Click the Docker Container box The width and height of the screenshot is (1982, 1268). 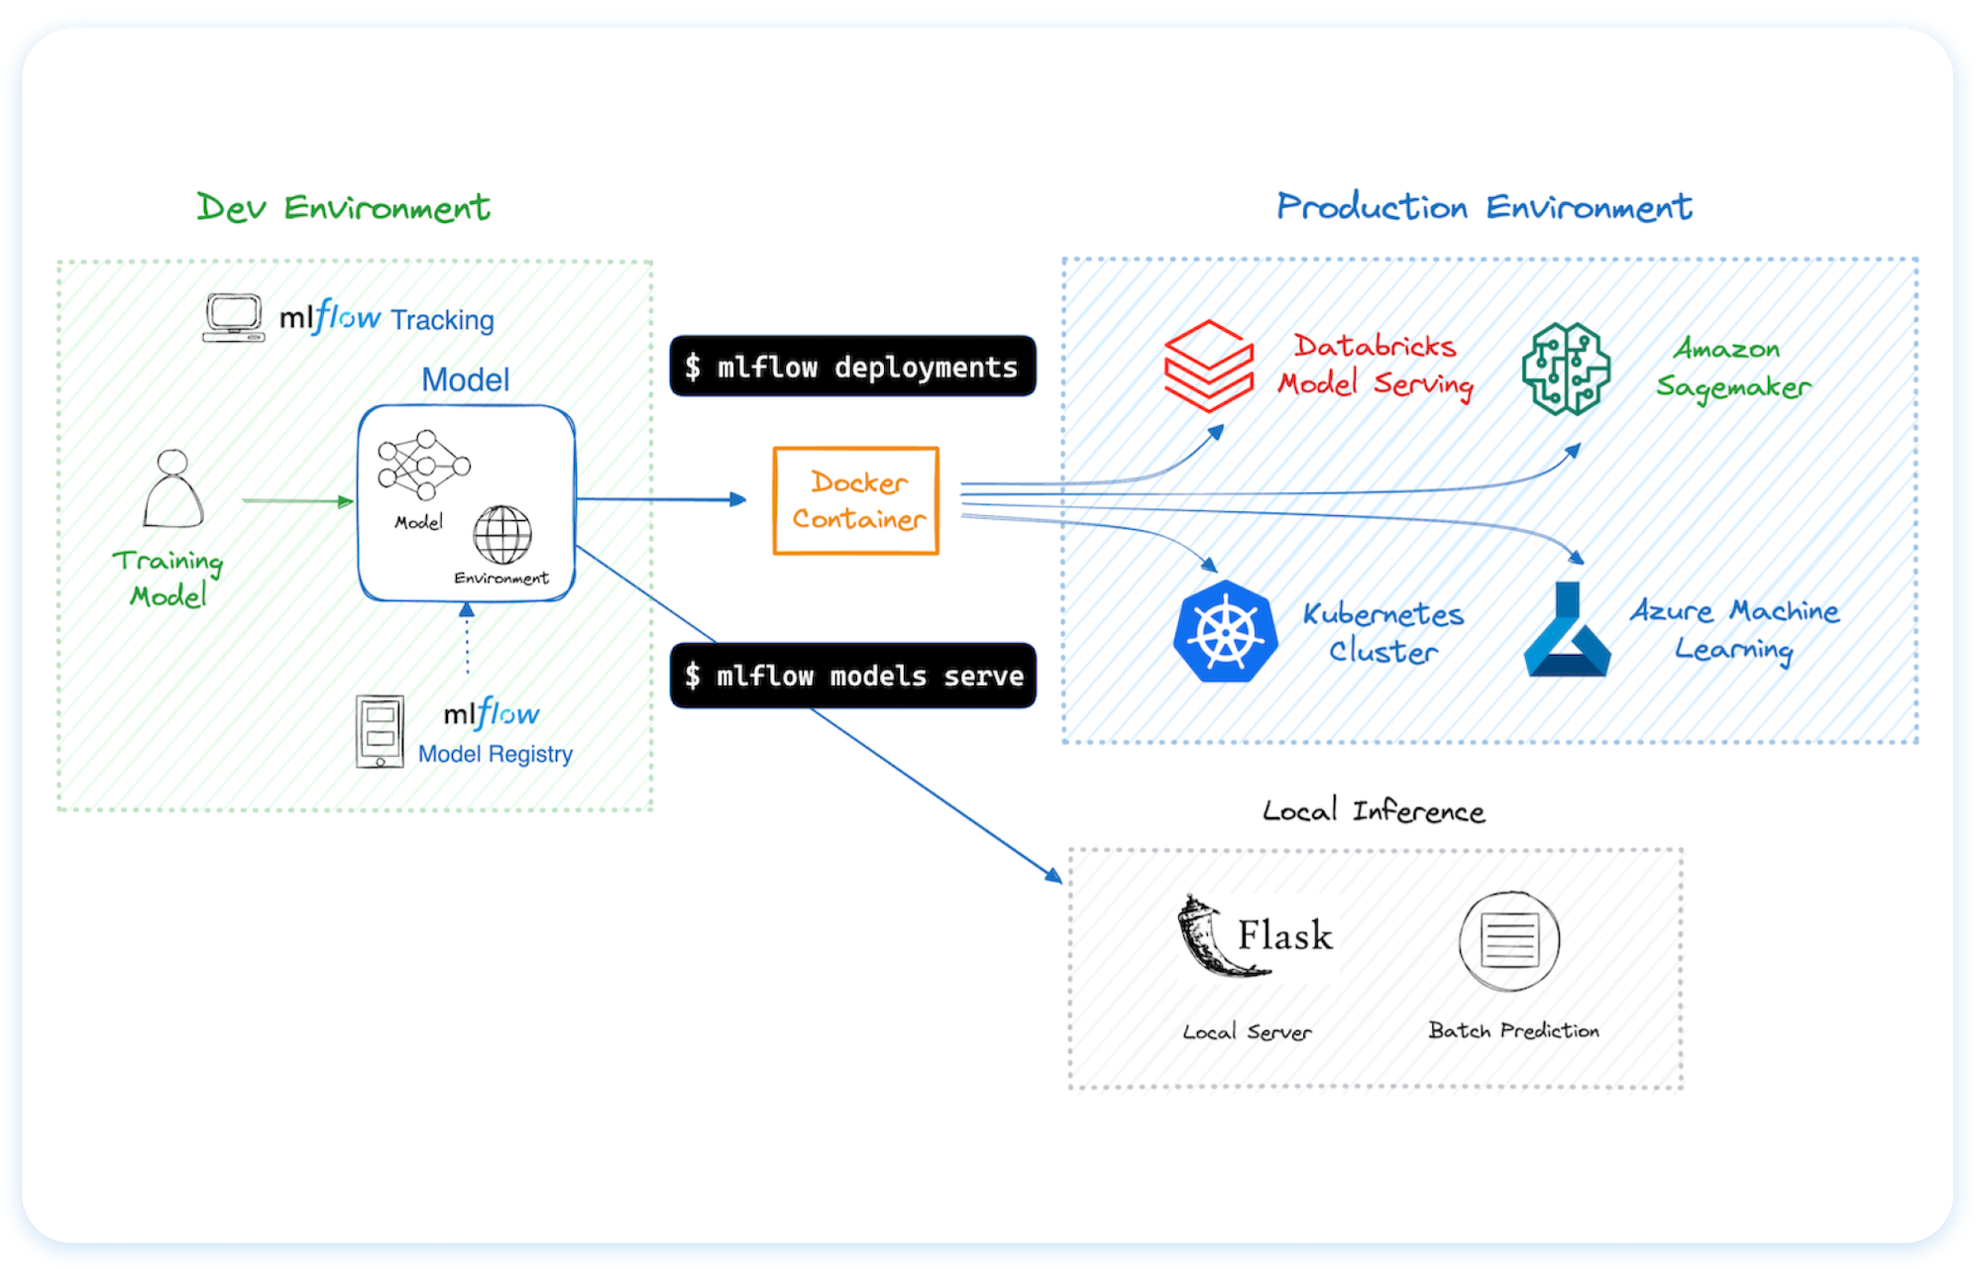click(x=855, y=500)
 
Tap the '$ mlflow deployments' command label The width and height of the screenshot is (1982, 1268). click(x=852, y=367)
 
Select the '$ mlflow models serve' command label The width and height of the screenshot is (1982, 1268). click(x=852, y=676)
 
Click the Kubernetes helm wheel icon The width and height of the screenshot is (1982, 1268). click(x=1225, y=631)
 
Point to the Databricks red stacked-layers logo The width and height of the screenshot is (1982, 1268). click(x=1209, y=366)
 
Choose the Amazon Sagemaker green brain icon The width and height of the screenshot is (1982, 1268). click(x=1566, y=369)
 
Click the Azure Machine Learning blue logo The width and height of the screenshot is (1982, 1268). click(x=1566, y=631)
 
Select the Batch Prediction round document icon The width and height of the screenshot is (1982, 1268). click(x=1508, y=940)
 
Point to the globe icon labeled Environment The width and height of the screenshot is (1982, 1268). click(x=502, y=534)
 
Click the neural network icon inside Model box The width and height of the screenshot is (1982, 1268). click(x=423, y=465)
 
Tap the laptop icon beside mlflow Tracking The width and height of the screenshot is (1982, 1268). click(x=234, y=318)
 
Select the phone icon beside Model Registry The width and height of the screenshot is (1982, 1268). click(x=380, y=732)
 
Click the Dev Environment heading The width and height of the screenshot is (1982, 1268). click(x=343, y=207)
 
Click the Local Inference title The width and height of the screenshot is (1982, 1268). click(x=1373, y=811)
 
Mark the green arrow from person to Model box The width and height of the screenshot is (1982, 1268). click(x=297, y=501)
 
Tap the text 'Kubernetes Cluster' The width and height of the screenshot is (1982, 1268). click(x=1382, y=632)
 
